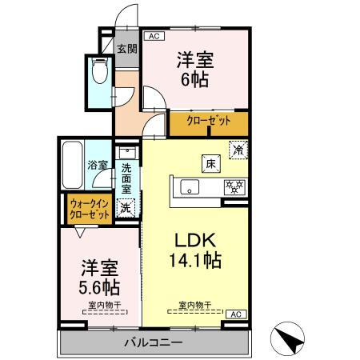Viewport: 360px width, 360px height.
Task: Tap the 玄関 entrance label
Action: (126, 49)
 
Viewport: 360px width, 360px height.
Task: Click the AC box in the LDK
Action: (237, 315)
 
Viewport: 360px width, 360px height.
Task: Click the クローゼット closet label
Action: (209, 122)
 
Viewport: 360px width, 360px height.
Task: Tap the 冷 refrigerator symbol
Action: (238, 149)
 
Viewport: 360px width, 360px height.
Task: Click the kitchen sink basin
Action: (189, 188)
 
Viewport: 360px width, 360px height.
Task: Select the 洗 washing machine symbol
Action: (126, 207)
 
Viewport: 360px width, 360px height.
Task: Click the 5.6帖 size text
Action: (98, 286)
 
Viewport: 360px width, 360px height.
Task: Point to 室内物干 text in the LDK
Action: (194, 305)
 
